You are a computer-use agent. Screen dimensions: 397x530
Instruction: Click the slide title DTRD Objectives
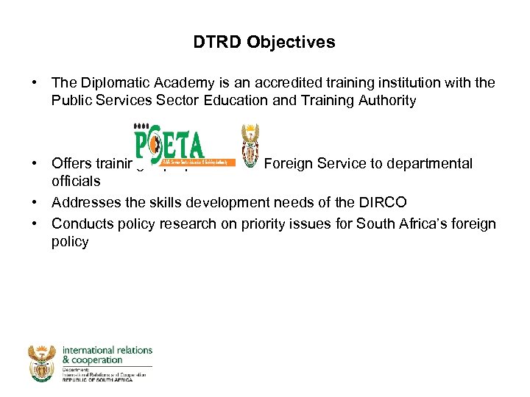264,43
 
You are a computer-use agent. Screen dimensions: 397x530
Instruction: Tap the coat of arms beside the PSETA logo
250,144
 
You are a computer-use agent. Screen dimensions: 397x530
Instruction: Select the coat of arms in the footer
41,362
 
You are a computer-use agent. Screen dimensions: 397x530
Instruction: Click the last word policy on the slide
70,242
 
